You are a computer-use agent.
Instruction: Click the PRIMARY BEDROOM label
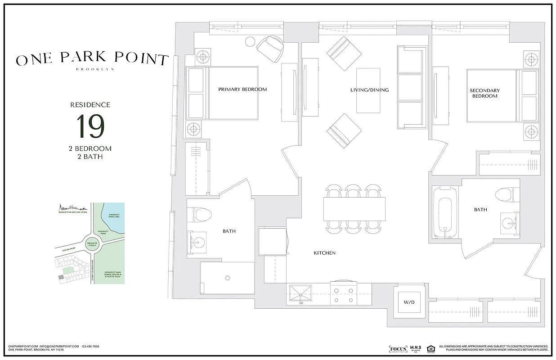tap(242, 89)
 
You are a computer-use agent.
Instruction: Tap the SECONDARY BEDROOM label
tap(484, 93)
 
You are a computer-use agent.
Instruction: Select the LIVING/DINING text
tap(369, 90)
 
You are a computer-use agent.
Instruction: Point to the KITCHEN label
tap(324, 253)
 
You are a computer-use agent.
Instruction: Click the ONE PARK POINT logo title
tap(92, 58)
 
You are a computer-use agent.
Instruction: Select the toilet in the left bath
tap(198, 215)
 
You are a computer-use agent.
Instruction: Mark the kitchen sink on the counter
tap(300, 294)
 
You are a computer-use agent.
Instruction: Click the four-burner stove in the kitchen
tap(344, 294)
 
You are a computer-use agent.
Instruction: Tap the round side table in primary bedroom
tap(250, 42)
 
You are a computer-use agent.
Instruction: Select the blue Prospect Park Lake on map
tap(114, 218)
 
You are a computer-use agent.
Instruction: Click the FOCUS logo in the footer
tap(397, 349)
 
